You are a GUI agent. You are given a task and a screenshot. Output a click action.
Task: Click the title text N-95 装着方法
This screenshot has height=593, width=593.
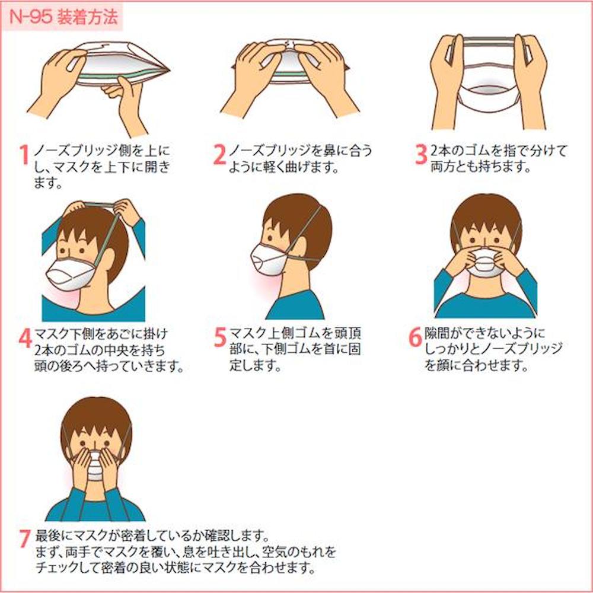click(63, 17)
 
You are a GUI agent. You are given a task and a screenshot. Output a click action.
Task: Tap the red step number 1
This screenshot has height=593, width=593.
click(24, 155)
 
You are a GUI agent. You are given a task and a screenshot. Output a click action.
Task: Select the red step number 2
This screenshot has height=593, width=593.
click(220, 155)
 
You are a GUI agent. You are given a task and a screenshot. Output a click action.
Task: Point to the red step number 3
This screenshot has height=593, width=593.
click(421, 155)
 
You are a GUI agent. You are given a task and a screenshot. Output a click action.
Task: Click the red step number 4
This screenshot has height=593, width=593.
click(25, 338)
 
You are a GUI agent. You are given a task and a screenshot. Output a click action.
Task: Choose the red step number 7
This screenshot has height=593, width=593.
click(24, 538)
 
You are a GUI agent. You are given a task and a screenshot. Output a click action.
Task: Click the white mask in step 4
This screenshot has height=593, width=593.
click(71, 273)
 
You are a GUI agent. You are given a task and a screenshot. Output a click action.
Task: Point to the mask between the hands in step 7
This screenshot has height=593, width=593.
click(95, 466)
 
